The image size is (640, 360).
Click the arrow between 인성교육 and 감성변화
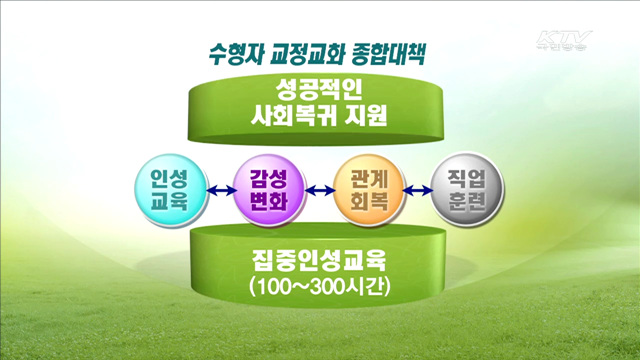tap(217, 190)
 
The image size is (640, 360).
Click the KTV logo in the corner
tap(564, 43)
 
